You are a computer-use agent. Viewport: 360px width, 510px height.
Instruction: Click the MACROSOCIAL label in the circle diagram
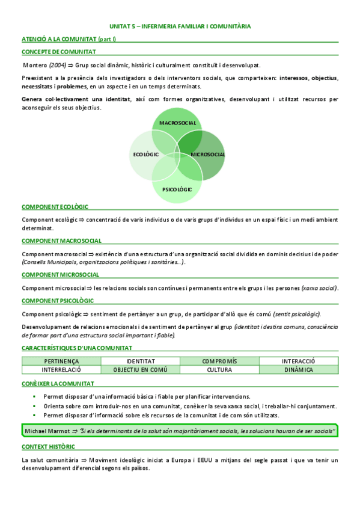point(178,123)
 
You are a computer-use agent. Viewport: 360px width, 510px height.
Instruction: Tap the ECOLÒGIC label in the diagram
point(146,155)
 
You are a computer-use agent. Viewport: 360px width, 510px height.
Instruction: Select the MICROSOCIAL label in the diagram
point(208,155)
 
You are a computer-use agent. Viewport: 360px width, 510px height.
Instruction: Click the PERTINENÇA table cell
point(61,361)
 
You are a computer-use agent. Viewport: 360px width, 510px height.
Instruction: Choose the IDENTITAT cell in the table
point(141,361)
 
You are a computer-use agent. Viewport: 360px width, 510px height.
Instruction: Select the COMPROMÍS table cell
point(219,361)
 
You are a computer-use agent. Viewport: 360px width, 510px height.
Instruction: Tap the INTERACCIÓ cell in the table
point(299,361)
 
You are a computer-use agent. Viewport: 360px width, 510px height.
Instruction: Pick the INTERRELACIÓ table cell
point(61,369)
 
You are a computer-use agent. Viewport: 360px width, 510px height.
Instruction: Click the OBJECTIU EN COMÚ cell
point(141,369)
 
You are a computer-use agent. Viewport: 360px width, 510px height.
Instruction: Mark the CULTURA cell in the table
point(219,369)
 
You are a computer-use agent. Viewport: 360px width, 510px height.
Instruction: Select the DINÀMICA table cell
point(299,369)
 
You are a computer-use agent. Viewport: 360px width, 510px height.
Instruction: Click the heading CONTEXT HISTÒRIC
point(48,447)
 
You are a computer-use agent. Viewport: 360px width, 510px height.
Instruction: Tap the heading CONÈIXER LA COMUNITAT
point(58,383)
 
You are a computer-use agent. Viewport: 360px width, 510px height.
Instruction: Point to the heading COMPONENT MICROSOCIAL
point(61,275)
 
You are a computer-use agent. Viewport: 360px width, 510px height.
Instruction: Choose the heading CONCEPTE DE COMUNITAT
point(58,52)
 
